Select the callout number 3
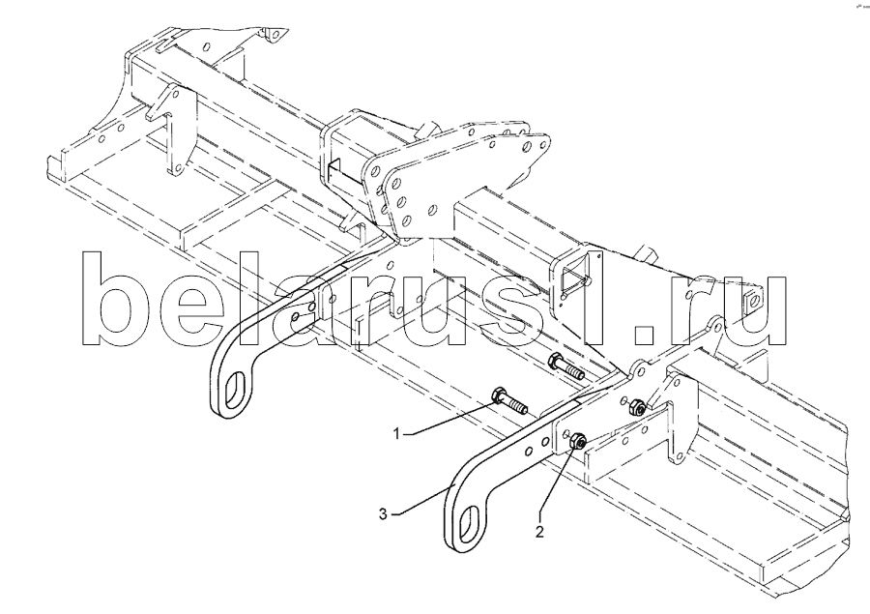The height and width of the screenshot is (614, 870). pos(384,514)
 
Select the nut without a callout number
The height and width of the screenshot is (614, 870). pos(635,409)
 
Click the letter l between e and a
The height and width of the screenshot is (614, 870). pos(267,299)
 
